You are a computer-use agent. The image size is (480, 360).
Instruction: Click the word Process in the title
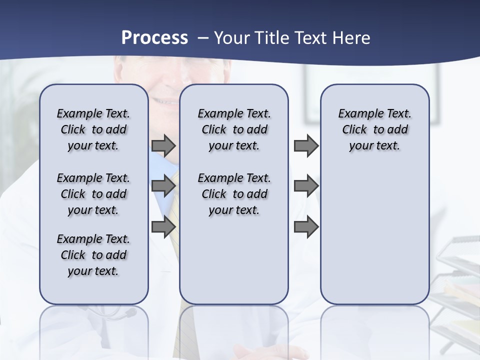(154, 38)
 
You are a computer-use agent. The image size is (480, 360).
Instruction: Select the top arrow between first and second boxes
(163, 146)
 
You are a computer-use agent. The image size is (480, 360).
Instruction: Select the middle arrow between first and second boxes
(163, 186)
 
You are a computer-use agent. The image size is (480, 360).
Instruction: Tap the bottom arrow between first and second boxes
(163, 226)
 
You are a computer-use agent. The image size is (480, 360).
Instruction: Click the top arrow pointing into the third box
(306, 146)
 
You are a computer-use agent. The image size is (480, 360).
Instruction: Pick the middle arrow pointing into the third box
(306, 186)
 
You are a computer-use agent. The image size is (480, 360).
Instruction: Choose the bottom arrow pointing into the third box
(306, 226)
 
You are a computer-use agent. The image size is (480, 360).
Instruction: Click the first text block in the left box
(93, 129)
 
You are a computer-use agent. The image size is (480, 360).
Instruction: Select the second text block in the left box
(93, 194)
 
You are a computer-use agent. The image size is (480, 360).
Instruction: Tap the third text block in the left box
(93, 255)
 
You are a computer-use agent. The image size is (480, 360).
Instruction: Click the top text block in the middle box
(234, 129)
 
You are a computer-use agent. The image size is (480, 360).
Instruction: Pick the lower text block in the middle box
(234, 194)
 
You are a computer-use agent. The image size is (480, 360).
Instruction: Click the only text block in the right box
(374, 129)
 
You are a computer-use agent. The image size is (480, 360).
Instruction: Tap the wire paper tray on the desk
(457, 280)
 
